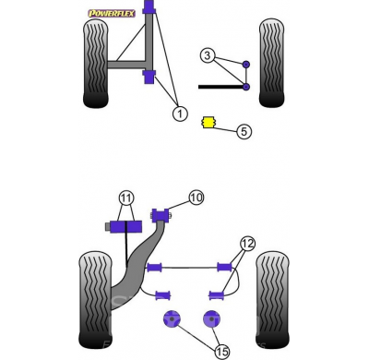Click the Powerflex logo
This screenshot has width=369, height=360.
coord(112,13)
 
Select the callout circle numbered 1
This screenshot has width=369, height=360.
coord(180,114)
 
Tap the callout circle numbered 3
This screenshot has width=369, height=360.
coord(208,55)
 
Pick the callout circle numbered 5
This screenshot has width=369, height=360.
coord(244,131)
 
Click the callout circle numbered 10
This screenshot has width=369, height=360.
coord(196,198)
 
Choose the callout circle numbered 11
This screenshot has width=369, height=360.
coord(126,198)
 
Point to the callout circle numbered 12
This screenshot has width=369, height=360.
coord(248,244)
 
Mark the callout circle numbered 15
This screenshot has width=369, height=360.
coord(222,351)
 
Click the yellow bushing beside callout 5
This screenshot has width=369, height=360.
coord(208,122)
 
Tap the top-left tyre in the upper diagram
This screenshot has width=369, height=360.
coord(96,64)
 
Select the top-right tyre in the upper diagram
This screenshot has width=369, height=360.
coord(271,63)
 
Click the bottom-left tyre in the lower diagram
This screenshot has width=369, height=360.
coord(95,300)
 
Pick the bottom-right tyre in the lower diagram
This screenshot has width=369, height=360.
coord(272,300)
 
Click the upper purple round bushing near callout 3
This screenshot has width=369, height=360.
coord(246,65)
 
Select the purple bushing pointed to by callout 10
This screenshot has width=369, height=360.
coord(161,215)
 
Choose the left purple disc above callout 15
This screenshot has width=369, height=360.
coord(172,319)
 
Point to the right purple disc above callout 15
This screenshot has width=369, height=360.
coord(212,319)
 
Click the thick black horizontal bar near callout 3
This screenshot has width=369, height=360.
coord(220,87)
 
